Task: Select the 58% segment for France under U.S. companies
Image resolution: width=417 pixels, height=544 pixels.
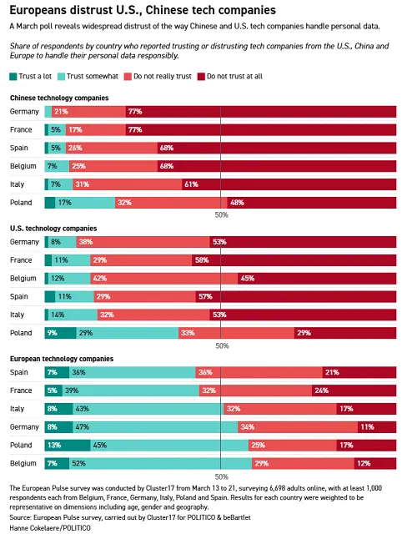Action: pyautogui.click(x=300, y=259)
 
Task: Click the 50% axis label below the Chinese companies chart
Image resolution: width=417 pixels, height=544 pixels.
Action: pyautogui.click(x=221, y=215)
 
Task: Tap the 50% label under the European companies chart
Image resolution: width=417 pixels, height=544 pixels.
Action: pyautogui.click(x=221, y=476)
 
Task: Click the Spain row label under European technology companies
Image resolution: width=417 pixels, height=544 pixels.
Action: pyautogui.click(x=19, y=371)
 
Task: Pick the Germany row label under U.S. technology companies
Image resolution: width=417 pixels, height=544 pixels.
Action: pyautogui.click(x=24, y=241)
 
